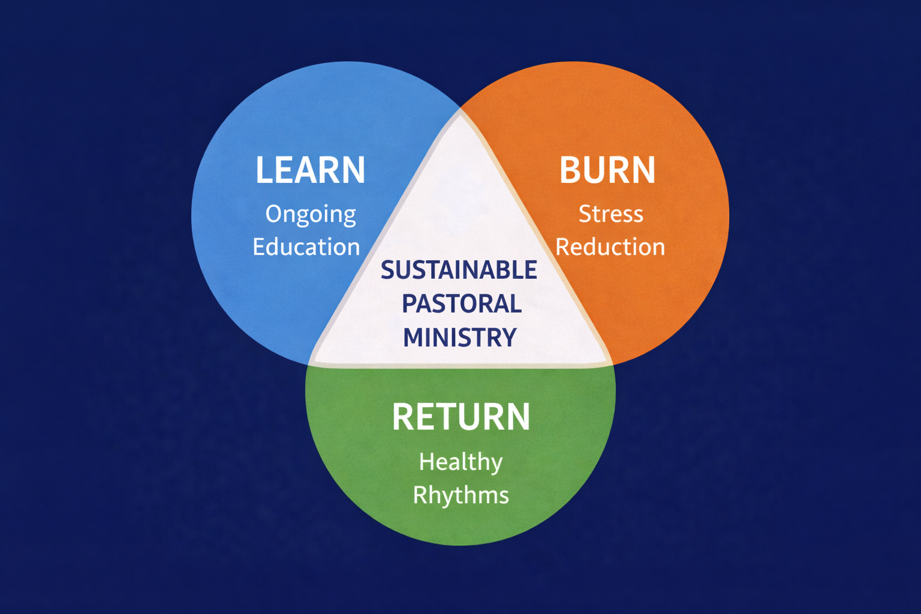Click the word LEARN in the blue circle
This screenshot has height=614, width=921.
310,170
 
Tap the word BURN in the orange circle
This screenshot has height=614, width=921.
607,170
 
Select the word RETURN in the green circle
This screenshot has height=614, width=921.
461,417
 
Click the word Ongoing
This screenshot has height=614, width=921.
311,215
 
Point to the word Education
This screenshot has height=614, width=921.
306,247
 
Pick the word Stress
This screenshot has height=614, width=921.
610,214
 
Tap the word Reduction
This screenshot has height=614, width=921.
610,247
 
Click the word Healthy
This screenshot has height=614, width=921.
460,462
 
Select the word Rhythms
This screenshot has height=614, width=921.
460,495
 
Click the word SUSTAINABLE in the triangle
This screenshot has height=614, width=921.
459,270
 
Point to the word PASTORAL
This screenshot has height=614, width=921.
461,303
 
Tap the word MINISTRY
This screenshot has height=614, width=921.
460,337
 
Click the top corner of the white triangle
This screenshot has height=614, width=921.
460,112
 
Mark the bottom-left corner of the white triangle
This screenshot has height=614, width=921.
312,362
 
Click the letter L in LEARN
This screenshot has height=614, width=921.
263,170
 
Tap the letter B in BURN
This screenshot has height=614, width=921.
570,170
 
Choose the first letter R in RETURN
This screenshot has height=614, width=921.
403,417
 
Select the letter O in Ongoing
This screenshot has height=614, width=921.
273,214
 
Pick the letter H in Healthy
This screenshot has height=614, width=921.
426,462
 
